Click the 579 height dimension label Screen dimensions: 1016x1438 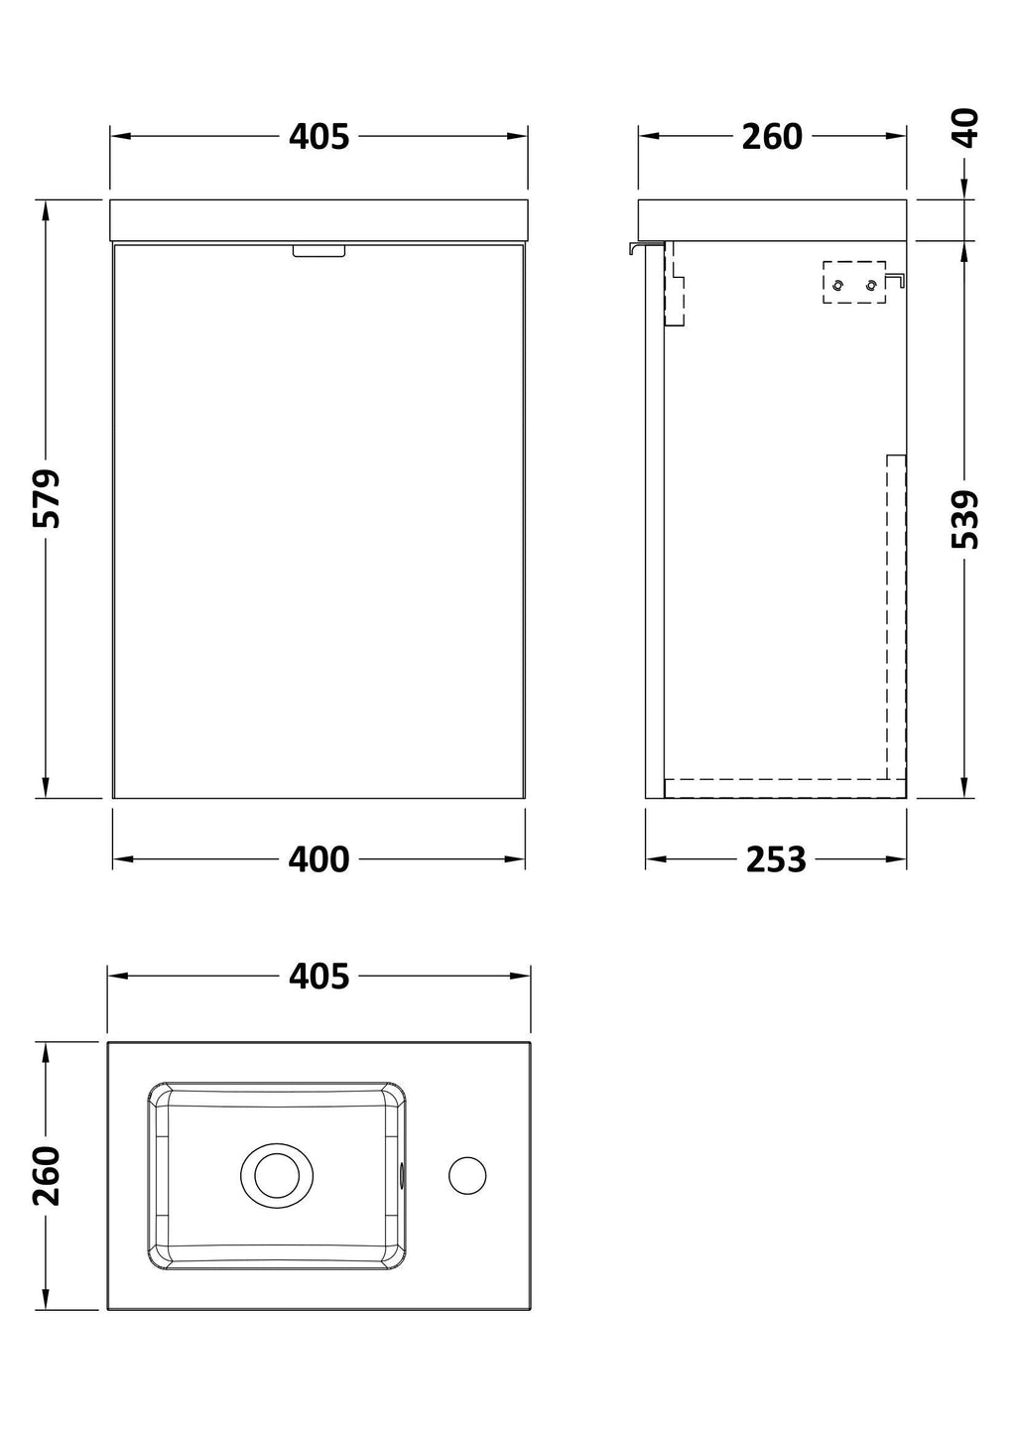pyautogui.click(x=47, y=499)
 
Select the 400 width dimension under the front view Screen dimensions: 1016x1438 pyautogui.click(x=318, y=859)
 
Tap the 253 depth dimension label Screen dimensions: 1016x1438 pyautogui.click(x=775, y=859)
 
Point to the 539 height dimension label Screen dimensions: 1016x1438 pyautogui.click(x=964, y=519)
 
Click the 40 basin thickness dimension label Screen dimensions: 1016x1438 pyautogui.click(x=964, y=128)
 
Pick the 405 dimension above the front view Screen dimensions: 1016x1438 pyautogui.click(x=318, y=136)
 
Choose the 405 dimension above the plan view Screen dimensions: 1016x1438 pyautogui.click(x=318, y=976)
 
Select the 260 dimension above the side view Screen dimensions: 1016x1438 pyautogui.click(x=772, y=136)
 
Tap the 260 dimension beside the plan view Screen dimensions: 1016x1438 pyautogui.click(x=47, y=1175)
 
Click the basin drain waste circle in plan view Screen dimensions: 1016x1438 pyautogui.click(x=277, y=1175)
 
